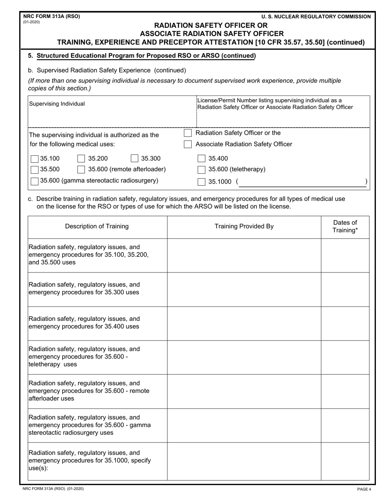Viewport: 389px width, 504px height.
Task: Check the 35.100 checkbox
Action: [x=35, y=159]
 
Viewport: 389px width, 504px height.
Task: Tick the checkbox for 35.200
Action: [x=81, y=159]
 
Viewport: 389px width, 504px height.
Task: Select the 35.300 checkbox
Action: [x=134, y=159]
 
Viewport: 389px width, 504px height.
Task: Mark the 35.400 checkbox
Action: [x=201, y=159]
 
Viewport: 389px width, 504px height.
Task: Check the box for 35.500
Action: [x=35, y=170]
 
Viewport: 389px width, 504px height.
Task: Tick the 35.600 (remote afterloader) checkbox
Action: [x=81, y=170]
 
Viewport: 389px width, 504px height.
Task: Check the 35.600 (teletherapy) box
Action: [x=201, y=170]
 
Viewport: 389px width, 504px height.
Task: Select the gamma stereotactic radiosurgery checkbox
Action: [x=35, y=181]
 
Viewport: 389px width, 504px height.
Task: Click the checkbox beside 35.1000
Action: [x=201, y=182]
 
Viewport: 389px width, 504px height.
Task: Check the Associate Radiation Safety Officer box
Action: [x=188, y=144]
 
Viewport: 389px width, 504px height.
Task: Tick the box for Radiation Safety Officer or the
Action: [x=188, y=133]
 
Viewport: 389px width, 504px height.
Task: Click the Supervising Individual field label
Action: [x=57, y=104]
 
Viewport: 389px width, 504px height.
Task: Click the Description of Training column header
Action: [x=97, y=226]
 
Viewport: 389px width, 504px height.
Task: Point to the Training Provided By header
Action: [x=244, y=226]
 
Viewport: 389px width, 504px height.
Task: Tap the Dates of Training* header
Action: [x=345, y=226]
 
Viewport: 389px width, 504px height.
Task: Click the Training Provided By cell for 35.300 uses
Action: [x=244, y=289]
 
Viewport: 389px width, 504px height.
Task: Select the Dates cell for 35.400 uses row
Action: [x=345, y=323]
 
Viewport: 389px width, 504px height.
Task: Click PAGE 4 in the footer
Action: [x=364, y=489]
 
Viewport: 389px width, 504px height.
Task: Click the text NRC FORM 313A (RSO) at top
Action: [x=52, y=16]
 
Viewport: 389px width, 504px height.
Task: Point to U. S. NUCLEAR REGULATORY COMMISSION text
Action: [x=316, y=17]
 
